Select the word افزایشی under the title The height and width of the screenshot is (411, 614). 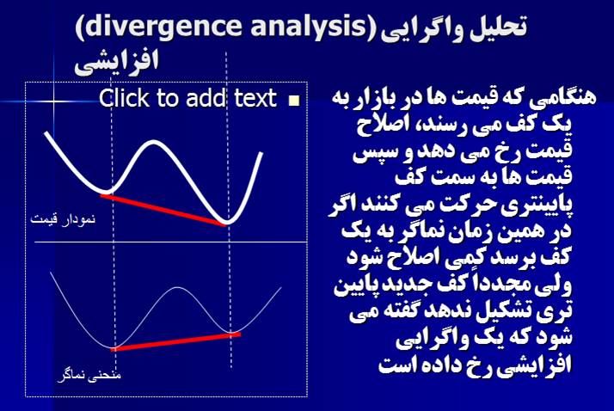[117, 62]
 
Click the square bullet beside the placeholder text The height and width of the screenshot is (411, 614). [294, 101]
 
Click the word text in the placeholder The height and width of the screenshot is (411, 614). [255, 98]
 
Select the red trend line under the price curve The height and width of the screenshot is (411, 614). [163, 210]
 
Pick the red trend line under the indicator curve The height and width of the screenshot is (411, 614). [175, 341]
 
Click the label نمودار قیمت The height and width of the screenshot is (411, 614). [63, 218]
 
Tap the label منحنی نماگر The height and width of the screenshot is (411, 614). [89, 375]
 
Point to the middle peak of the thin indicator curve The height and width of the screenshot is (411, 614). [177, 288]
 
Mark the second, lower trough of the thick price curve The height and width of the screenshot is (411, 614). [226, 222]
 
